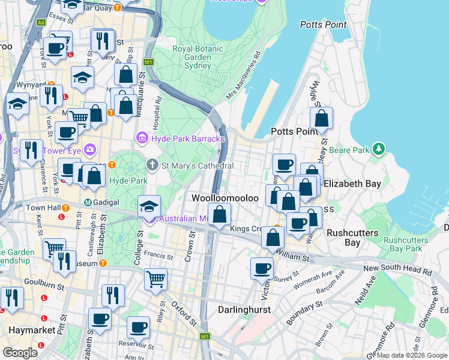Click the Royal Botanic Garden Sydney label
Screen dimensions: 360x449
click(191, 57)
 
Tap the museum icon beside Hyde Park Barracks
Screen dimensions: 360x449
click(143, 139)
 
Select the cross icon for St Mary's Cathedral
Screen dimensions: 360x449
click(152, 165)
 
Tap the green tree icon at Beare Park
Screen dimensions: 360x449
click(378, 148)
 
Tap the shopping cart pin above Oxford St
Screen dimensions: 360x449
click(155, 278)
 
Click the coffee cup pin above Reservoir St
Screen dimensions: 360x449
click(139, 327)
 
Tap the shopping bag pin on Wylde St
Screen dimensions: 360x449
click(322, 118)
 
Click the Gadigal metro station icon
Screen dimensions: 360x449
click(88, 202)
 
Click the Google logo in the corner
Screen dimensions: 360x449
click(20, 353)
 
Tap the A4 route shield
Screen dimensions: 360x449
click(41, 23)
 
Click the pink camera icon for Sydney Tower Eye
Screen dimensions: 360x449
click(90, 149)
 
